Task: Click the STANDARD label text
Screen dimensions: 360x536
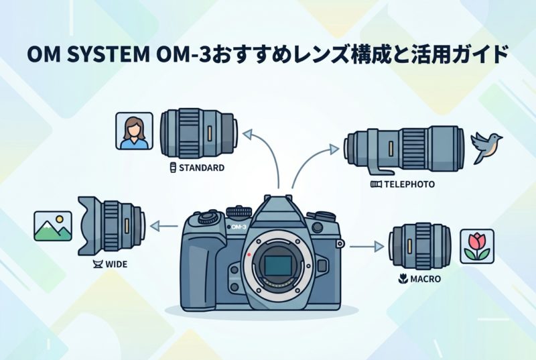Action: (200, 168)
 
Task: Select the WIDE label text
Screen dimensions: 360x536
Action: (116, 264)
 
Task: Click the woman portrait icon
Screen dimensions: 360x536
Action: (132, 131)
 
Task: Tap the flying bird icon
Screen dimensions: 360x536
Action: (487, 146)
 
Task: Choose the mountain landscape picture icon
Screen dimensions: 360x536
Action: (52, 225)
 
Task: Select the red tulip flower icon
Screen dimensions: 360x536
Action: (477, 246)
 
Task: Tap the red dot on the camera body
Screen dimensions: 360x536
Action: (249, 255)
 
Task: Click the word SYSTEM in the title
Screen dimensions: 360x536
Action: (100, 54)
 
